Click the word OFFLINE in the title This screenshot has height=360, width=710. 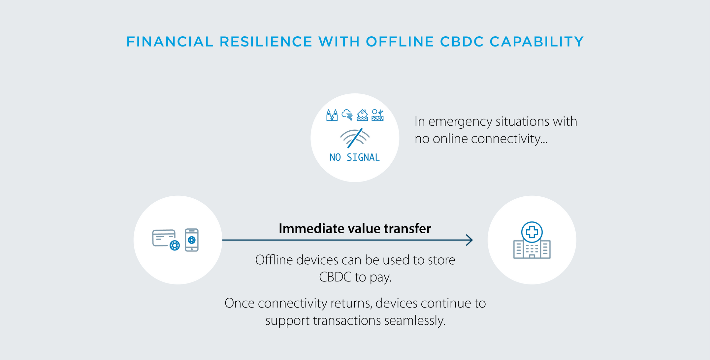pos(400,42)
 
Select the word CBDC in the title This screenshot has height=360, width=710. pos(462,42)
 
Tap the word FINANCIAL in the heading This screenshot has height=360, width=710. pos(170,42)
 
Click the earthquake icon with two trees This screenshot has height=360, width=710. pos(332,115)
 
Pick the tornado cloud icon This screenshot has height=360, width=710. pos(347,115)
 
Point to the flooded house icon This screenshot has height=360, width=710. pos(362,115)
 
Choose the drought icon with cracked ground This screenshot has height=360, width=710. pos(377,115)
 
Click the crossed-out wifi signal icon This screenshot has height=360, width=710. pos(355,138)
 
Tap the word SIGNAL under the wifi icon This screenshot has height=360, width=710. pos(363,157)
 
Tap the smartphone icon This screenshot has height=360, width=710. pos(192,240)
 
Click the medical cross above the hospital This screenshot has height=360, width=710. pos(532,232)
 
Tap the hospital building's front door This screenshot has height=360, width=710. pos(532,256)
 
